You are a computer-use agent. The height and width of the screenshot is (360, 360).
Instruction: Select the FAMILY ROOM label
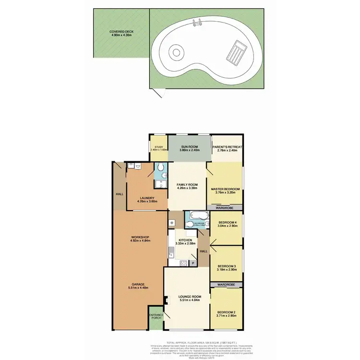187,185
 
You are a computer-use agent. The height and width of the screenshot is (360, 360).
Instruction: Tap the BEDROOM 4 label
228,223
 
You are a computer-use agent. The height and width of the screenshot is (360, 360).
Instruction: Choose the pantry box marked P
192,263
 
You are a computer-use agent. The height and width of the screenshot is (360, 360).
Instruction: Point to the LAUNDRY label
146,197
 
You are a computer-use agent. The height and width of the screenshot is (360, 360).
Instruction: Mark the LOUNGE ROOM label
187,297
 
